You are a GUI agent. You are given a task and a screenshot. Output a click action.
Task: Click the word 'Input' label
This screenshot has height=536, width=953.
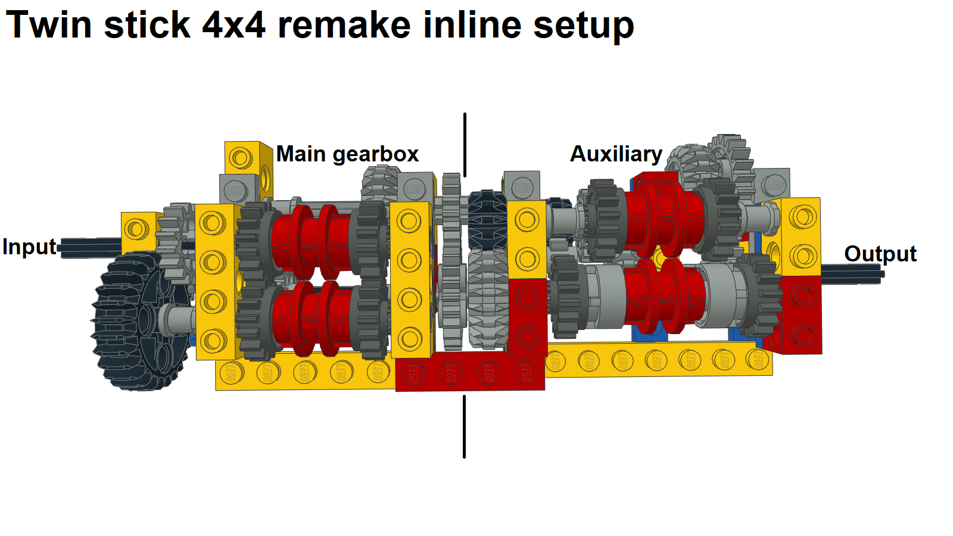(29, 247)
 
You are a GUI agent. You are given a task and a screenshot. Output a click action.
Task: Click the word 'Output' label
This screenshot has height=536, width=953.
(880, 254)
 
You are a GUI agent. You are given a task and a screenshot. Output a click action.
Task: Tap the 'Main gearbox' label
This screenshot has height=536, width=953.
(347, 154)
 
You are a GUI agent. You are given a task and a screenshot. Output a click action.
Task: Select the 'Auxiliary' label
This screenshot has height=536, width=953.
(616, 154)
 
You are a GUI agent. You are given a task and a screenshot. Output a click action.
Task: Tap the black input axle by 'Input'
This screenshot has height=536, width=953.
(89, 247)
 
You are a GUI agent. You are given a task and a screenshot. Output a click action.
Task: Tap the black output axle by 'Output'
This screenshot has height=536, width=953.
(852, 274)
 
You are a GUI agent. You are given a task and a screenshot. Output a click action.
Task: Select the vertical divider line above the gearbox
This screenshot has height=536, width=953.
(465, 145)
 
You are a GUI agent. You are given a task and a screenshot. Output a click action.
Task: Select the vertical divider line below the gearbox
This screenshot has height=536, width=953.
(465, 426)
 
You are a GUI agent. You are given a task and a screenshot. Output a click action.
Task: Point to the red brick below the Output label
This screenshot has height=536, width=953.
(801, 316)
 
